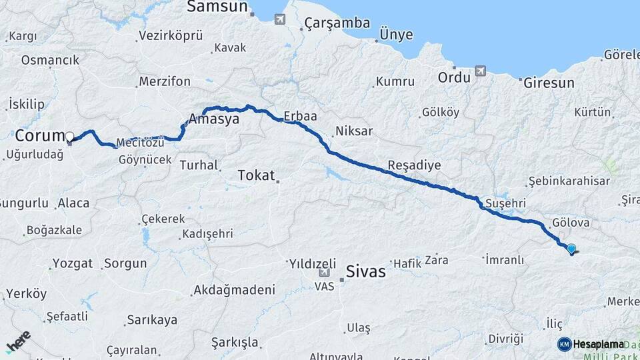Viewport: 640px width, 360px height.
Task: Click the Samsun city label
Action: pyautogui.click(x=217, y=7)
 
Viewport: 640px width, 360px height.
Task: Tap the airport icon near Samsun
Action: pyautogui.click(x=279, y=19)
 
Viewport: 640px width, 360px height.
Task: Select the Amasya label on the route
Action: pyautogui.click(x=214, y=119)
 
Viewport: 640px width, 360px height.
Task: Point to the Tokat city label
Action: pyautogui.click(x=256, y=175)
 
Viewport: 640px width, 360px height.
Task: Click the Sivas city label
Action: pyautogui.click(x=366, y=271)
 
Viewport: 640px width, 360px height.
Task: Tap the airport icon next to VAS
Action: pyautogui.click(x=323, y=272)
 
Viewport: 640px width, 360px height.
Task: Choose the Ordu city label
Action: pyautogui.click(x=454, y=77)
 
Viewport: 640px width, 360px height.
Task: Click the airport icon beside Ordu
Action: pyautogui.click(x=481, y=71)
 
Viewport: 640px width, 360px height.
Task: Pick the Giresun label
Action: pyautogui.click(x=549, y=83)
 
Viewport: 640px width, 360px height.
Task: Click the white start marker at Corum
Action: pyautogui.click(x=70, y=137)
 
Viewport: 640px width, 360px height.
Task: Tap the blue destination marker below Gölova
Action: pyautogui.click(x=571, y=249)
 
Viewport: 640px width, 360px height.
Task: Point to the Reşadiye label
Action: pyautogui.click(x=414, y=165)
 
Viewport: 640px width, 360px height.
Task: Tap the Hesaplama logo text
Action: pyautogui.click(x=598, y=344)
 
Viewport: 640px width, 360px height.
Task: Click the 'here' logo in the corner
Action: pyautogui.click(x=18, y=341)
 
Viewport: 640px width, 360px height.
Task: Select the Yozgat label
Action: pyautogui.click(x=72, y=263)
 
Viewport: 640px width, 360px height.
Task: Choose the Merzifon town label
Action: pyautogui.click(x=164, y=81)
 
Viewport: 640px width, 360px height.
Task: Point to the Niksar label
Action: pyautogui.click(x=354, y=131)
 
